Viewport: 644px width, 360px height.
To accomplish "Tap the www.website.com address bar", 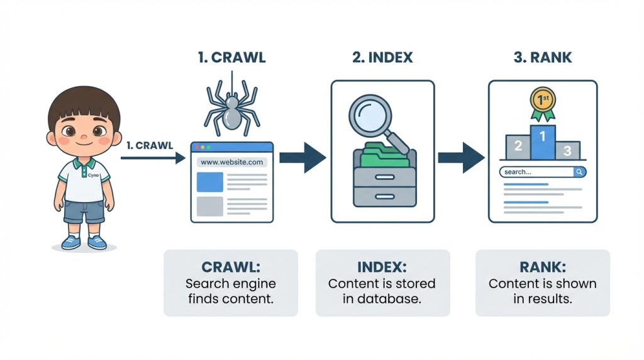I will point(232,162).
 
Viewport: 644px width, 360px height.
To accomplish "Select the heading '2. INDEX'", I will point(382,58).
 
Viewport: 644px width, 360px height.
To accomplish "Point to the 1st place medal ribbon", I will point(541,103).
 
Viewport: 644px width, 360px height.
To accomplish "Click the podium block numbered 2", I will point(518,146).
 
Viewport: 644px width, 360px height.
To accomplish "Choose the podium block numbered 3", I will point(567,150).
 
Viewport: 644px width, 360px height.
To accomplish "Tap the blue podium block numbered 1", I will point(543,141).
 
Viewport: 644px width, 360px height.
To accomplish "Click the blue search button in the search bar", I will point(579,171).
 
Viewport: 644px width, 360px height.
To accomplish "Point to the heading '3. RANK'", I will point(543,58).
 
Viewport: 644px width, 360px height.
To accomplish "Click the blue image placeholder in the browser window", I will point(209,182).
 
